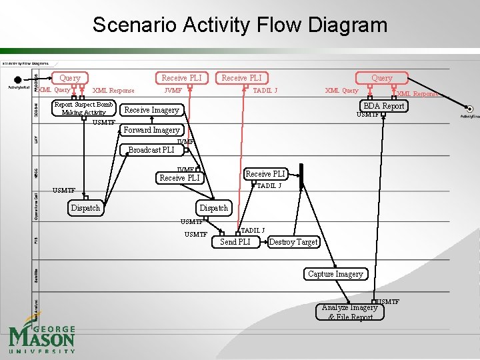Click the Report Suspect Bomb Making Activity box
coord(83,108)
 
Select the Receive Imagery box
coord(151,110)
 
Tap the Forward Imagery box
coord(151,130)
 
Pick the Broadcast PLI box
coord(151,150)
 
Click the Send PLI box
coord(235,242)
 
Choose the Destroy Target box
coord(293,242)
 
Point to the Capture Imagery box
coord(335,274)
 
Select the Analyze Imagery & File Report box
coord(350,312)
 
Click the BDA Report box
coord(383,106)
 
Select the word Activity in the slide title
coord(214,25)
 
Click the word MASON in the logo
coord(41,338)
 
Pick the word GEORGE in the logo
coord(53,329)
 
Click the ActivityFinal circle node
coord(470,109)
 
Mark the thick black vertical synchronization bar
coord(301,175)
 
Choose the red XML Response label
coord(417,95)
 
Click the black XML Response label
coord(113,91)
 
